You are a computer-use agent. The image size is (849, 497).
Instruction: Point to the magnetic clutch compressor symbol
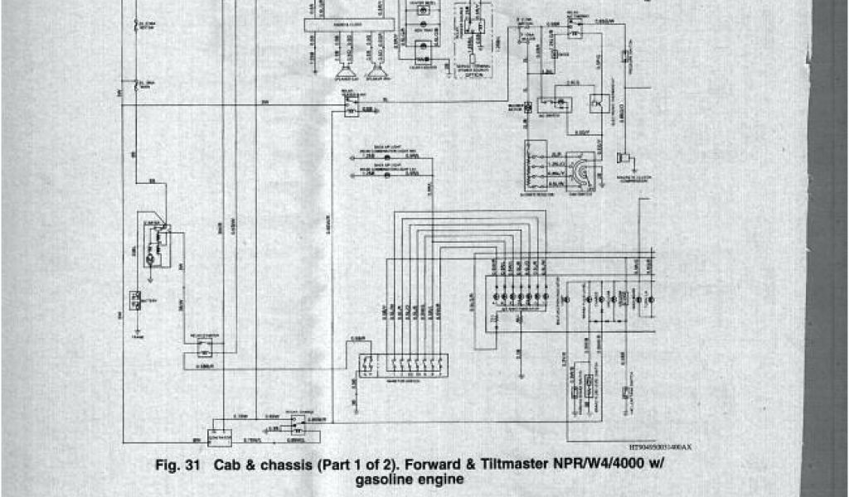pos(624,157)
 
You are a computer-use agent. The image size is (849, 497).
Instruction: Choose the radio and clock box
pos(348,26)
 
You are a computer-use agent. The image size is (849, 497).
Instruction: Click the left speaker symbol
pos(342,72)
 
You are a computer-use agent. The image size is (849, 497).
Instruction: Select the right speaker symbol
pos(375,72)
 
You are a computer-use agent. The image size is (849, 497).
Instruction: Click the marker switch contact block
pos(403,365)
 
